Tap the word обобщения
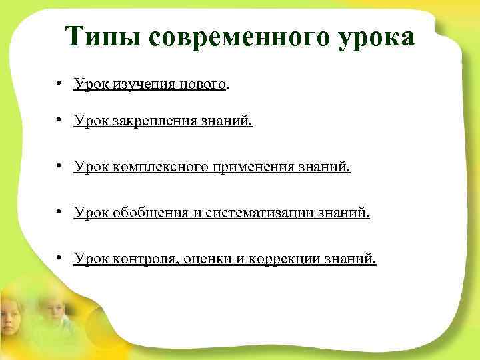145,213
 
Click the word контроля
143,258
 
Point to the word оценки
207,258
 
